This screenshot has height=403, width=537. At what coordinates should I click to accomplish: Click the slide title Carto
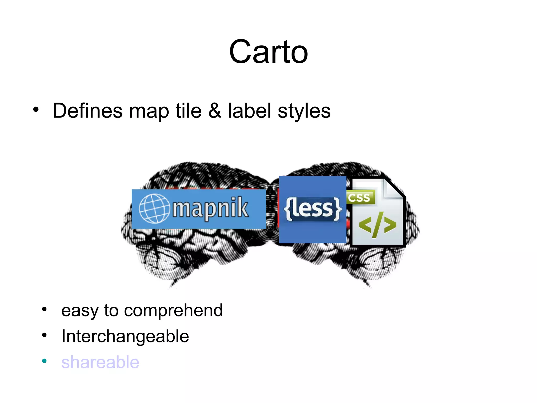point(268,52)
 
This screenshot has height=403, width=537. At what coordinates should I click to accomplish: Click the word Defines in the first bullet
point(88,111)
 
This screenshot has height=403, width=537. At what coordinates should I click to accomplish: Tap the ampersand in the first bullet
point(214,111)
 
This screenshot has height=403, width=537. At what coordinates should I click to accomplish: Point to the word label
point(249,111)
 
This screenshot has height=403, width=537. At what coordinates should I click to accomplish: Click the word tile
point(189,111)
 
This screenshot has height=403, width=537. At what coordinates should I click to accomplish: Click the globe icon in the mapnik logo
point(154,209)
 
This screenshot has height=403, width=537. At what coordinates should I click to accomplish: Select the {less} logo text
point(313,209)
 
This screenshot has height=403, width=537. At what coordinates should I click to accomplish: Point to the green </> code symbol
point(377,225)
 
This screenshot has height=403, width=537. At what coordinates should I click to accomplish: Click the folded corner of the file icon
point(393,188)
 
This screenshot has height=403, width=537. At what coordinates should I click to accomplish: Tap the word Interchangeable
point(125,336)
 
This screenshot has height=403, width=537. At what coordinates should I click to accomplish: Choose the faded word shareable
point(100,362)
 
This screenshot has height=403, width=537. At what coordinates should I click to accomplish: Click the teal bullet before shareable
point(44,361)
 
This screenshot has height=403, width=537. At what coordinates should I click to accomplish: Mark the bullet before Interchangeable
point(44,335)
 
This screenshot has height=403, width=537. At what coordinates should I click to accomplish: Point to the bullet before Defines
point(36,109)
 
